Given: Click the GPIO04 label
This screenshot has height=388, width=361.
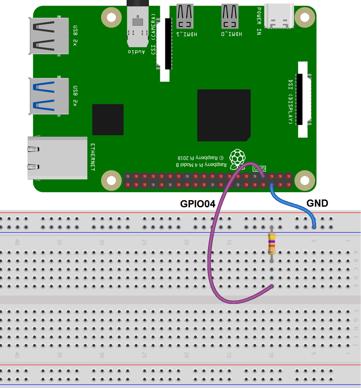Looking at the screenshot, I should [198, 204].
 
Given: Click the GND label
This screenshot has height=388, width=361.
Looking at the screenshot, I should [317, 203].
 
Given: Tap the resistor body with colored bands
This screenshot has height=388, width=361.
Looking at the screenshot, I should [271, 243].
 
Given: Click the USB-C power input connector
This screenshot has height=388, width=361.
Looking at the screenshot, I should [279, 16].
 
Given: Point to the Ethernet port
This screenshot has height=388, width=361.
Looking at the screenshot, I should [57, 158].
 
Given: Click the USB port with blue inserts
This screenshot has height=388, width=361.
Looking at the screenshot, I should [49, 96].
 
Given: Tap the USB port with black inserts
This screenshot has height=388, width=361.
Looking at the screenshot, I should [49, 36].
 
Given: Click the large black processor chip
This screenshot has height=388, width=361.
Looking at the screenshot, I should [224, 115].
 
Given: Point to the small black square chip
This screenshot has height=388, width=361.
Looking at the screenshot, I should [108, 120].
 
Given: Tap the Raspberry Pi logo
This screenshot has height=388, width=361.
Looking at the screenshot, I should [237, 159].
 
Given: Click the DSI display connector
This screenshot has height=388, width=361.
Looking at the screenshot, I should [302, 99].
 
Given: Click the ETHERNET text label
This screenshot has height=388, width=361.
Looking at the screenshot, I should [93, 157].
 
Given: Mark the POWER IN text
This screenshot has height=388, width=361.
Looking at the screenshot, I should [259, 21].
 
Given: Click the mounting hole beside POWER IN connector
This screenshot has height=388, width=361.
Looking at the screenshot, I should [304, 17].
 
